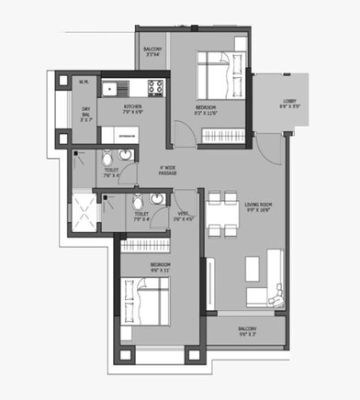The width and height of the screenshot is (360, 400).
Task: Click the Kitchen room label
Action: [133, 109]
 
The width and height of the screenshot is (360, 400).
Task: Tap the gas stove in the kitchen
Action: [152, 90]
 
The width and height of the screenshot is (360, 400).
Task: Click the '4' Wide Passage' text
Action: [167, 171]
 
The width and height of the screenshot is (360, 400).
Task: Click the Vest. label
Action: [183, 217]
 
